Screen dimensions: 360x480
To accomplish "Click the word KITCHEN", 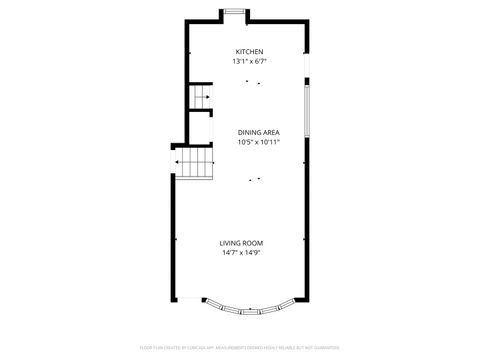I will [249, 52].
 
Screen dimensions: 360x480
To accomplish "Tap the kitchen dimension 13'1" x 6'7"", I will [249, 61].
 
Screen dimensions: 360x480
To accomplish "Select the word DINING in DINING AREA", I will [249, 132].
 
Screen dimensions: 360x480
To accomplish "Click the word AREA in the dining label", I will [272, 132].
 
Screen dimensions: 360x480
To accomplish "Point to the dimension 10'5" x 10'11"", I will [258, 142].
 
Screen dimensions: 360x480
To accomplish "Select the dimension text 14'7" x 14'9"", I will [249, 252].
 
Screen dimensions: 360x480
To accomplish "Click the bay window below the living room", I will [249, 307].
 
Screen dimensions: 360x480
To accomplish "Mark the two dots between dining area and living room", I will [255, 179].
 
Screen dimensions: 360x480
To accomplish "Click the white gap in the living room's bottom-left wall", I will [188, 299].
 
